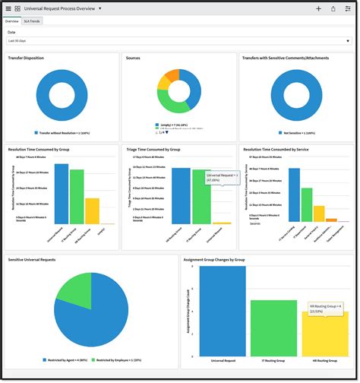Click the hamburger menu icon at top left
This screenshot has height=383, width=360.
point(8,8)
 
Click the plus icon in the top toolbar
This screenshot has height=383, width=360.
point(318,8)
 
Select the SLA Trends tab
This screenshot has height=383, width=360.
point(32,21)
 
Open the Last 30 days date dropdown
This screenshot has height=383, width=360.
point(179,40)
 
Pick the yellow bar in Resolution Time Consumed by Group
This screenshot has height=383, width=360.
point(92,210)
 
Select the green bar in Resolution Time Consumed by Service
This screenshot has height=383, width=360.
point(307,205)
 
